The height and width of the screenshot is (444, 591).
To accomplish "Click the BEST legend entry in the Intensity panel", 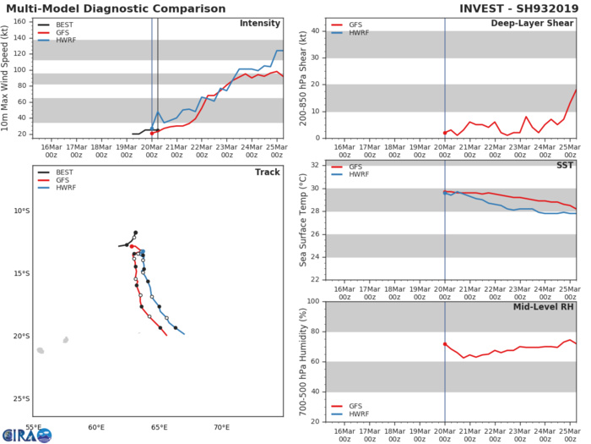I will pos(60,25).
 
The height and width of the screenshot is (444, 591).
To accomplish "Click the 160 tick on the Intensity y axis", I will pos(22,21).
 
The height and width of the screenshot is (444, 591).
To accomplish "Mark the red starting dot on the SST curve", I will pos(445,192).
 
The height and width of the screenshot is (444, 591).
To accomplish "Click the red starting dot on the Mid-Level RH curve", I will pos(445,344).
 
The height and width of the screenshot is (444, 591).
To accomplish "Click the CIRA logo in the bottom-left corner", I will pos(27,435).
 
